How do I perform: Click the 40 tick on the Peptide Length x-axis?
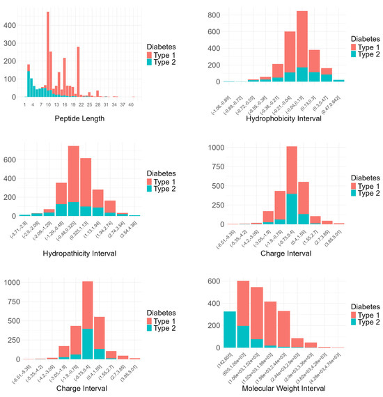point(131,104)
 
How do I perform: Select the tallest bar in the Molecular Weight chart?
point(243,313)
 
